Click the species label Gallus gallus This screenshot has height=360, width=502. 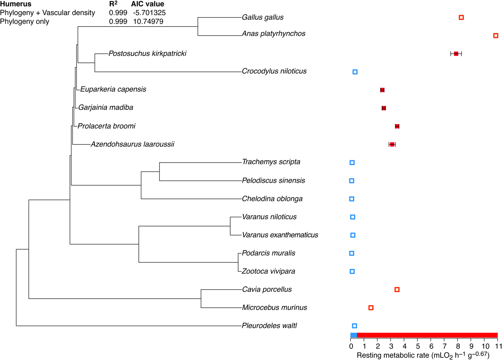point(262,17)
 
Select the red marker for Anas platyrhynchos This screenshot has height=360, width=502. point(496,36)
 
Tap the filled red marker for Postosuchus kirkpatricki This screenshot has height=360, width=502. point(456,54)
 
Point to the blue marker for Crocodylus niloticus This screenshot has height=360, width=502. point(355,72)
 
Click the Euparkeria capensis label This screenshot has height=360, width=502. point(113,89)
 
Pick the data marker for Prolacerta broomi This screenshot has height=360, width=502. point(397,126)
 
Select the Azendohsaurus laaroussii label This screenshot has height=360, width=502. point(132,144)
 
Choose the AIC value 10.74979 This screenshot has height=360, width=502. point(148,22)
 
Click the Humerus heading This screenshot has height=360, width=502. point(16,4)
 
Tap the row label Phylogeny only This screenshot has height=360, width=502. point(25,22)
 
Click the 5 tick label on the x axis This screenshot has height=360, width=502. point(418,346)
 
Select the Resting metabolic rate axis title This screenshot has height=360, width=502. point(423,355)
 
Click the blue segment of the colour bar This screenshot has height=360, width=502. point(354,335)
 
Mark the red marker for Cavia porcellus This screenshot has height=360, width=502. point(397,290)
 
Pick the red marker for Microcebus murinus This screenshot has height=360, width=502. point(371,308)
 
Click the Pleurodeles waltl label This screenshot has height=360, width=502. point(269,326)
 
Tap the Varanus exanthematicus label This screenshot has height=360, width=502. point(280,235)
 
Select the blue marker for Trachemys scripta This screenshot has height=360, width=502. point(352,163)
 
